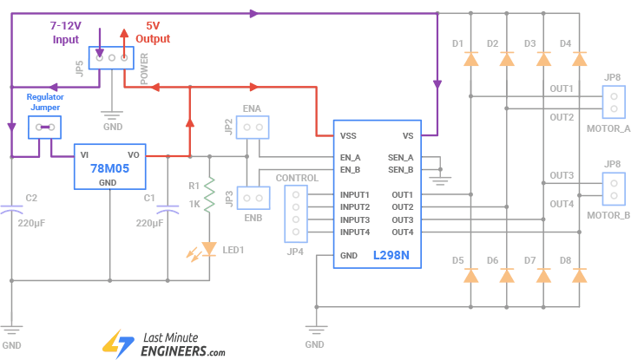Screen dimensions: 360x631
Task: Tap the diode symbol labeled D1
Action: [x=471, y=60]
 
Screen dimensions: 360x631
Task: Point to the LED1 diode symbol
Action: [x=208, y=249]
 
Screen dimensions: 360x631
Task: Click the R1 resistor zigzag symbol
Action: [x=209, y=195]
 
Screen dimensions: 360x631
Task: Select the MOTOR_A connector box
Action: [x=614, y=101]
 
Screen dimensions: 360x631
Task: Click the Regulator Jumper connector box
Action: [x=43, y=128]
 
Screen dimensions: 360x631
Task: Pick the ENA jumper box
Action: [x=253, y=128]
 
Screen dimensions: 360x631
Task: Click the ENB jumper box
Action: [x=253, y=197]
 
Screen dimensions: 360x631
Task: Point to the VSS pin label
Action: [x=348, y=135]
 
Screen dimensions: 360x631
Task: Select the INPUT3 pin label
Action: [x=355, y=219]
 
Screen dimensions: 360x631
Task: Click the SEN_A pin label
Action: [x=400, y=157]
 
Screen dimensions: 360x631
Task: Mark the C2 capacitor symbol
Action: [x=11, y=210]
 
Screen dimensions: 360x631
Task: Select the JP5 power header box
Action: [x=112, y=58]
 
